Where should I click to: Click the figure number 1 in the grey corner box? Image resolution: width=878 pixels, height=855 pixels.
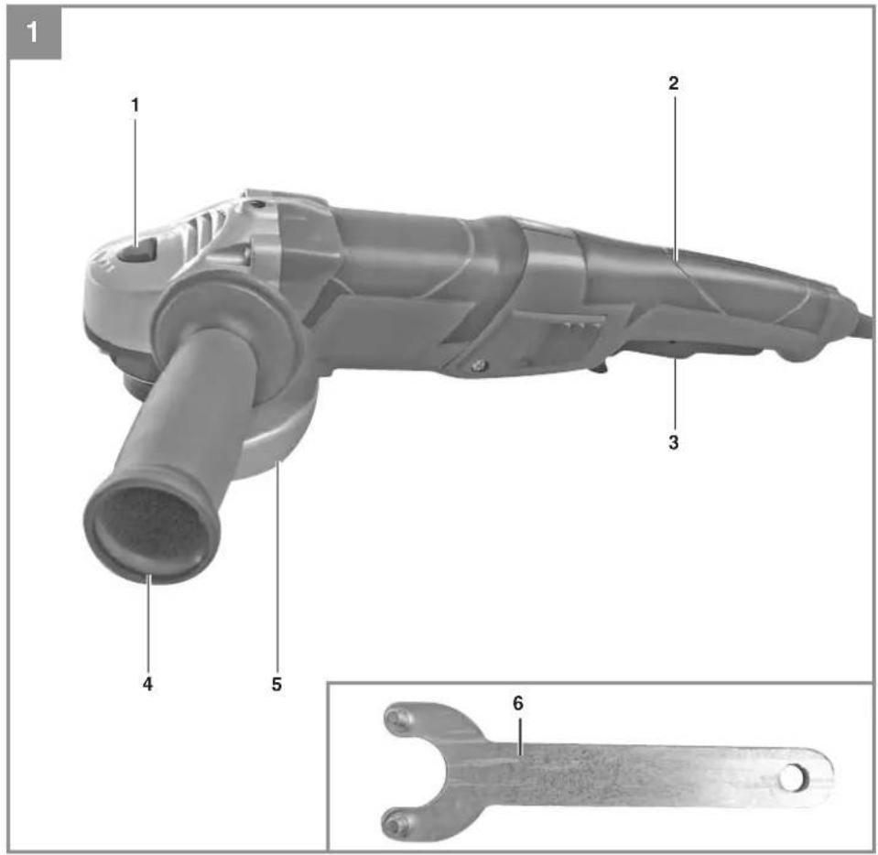[33, 32]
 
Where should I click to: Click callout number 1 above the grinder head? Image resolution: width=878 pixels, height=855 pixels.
[135, 104]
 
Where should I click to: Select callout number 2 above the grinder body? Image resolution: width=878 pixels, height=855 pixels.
[674, 83]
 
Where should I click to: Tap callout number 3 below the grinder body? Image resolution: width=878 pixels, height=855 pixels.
[674, 442]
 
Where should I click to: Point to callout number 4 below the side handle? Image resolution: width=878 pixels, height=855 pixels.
[147, 684]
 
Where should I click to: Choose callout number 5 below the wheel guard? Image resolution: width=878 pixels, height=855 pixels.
[276, 684]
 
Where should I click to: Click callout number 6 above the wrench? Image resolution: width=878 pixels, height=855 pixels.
[518, 703]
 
